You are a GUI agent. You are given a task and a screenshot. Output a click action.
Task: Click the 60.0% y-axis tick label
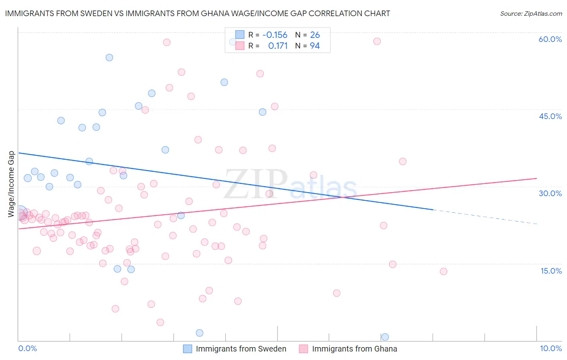pos(550,39)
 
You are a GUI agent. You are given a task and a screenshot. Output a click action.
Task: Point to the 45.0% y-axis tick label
pos(550,116)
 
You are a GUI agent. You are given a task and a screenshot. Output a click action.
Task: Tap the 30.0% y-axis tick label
pos(550,193)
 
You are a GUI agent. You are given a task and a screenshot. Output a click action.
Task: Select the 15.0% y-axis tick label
pos(551,271)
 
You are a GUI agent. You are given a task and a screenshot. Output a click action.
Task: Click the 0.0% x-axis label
pos(27,348)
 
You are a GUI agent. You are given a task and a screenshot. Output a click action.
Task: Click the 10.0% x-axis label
pos(550,348)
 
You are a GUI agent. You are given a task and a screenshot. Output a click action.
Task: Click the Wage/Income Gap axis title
pos(11,184)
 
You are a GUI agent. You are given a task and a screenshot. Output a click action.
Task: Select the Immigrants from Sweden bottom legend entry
pos(241,349)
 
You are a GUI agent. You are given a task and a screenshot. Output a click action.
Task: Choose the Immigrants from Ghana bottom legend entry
pos(354,349)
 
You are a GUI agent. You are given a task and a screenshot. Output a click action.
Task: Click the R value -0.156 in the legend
pos(275,35)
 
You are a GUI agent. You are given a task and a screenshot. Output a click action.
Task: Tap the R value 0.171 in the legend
pos(278,46)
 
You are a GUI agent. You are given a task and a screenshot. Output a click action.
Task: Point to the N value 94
pos(315,46)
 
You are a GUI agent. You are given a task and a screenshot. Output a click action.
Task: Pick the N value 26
pos(315,35)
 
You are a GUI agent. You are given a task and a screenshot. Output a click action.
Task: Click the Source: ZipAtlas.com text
pos(531,14)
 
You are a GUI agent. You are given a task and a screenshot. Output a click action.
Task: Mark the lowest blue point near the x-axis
pos(385,337)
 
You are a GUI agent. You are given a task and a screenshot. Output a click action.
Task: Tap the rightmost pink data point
pos(443,271)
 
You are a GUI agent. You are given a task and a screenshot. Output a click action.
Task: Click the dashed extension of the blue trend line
pos(484,217)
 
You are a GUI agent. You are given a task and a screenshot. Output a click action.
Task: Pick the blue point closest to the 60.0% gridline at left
pos(109,57)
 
